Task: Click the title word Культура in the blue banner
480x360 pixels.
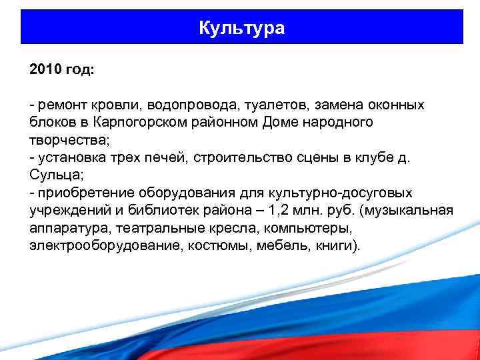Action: [241, 28]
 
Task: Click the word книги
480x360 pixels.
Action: [335, 245]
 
